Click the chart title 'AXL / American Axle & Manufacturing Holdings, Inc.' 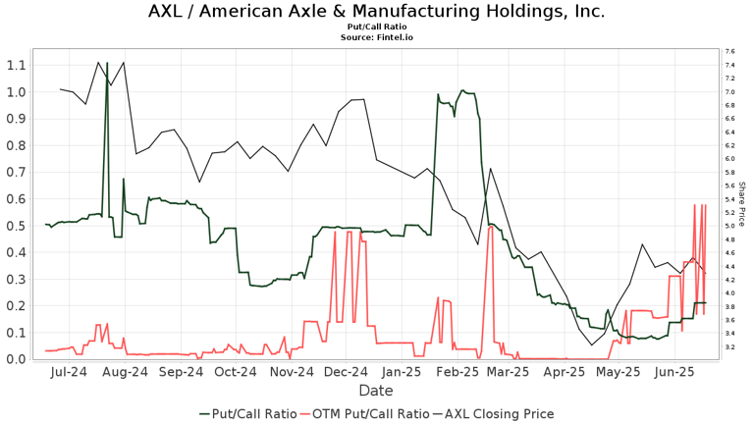[x=376, y=12]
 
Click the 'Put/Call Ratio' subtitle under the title [x=376, y=27]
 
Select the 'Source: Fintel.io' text [x=376, y=37]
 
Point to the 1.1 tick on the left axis [x=15, y=65]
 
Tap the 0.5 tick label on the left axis [x=15, y=226]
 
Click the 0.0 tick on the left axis [x=15, y=359]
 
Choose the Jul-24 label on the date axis [x=68, y=373]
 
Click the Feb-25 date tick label [x=458, y=373]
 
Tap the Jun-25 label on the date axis [x=674, y=373]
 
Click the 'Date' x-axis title [x=376, y=391]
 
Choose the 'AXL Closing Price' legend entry [x=499, y=413]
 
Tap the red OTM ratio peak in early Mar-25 [x=489, y=226]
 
